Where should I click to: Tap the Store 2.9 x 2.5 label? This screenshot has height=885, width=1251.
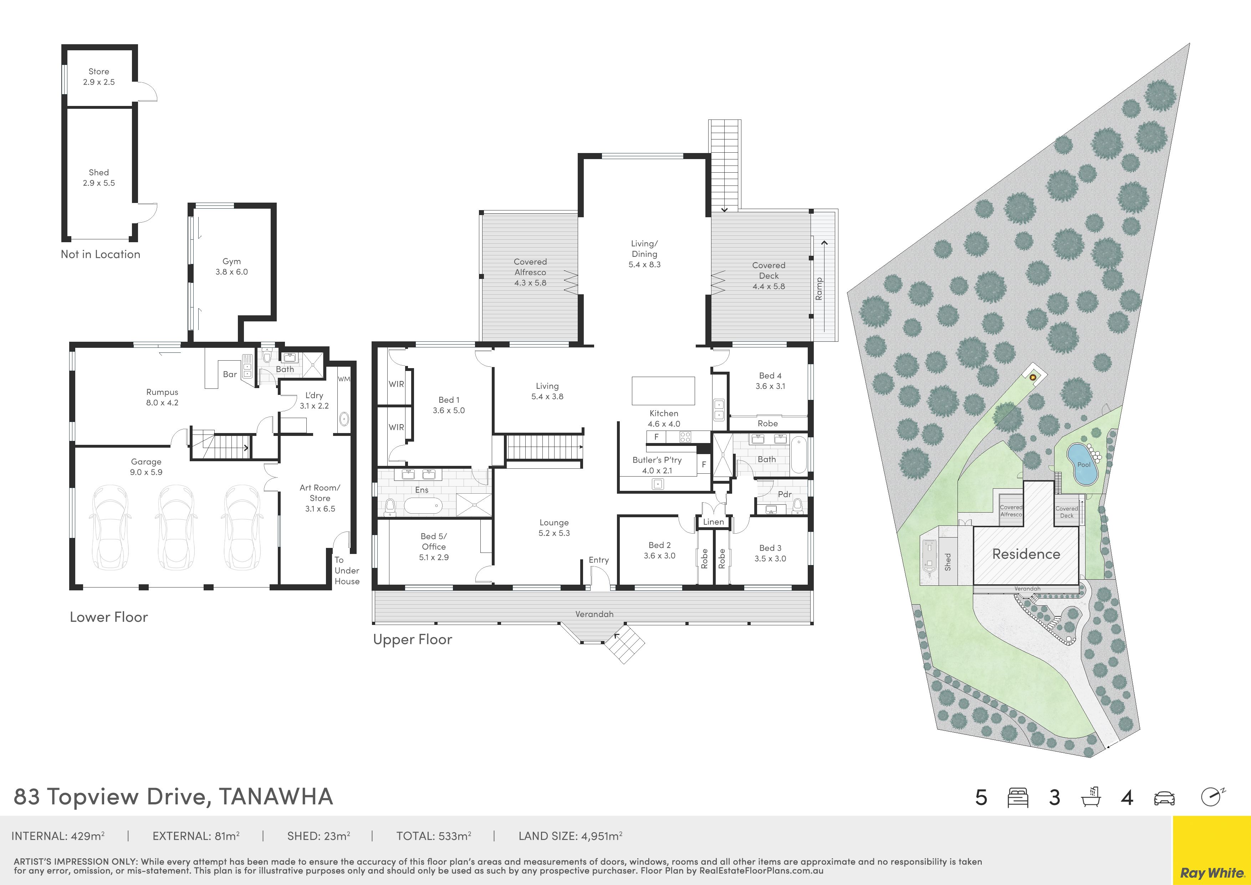click(99, 77)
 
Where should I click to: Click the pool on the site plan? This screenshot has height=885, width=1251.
click(1082, 464)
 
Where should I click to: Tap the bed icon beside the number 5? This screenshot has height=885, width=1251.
click(1018, 798)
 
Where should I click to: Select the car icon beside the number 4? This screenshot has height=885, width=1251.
click(1164, 798)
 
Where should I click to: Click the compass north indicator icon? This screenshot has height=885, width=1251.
click(1213, 797)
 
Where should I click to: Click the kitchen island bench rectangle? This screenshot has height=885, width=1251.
click(663, 391)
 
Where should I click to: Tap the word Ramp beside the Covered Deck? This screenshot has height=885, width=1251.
click(818, 289)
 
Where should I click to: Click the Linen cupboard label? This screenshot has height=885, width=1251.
click(713, 522)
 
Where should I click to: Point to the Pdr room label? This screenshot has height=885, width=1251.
click(785, 494)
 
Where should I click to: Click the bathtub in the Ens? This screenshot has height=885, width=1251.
click(423, 506)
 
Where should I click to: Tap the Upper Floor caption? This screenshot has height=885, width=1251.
click(413, 639)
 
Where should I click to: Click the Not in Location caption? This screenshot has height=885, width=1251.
click(100, 254)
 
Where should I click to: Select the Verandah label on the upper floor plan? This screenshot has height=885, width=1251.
click(594, 614)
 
